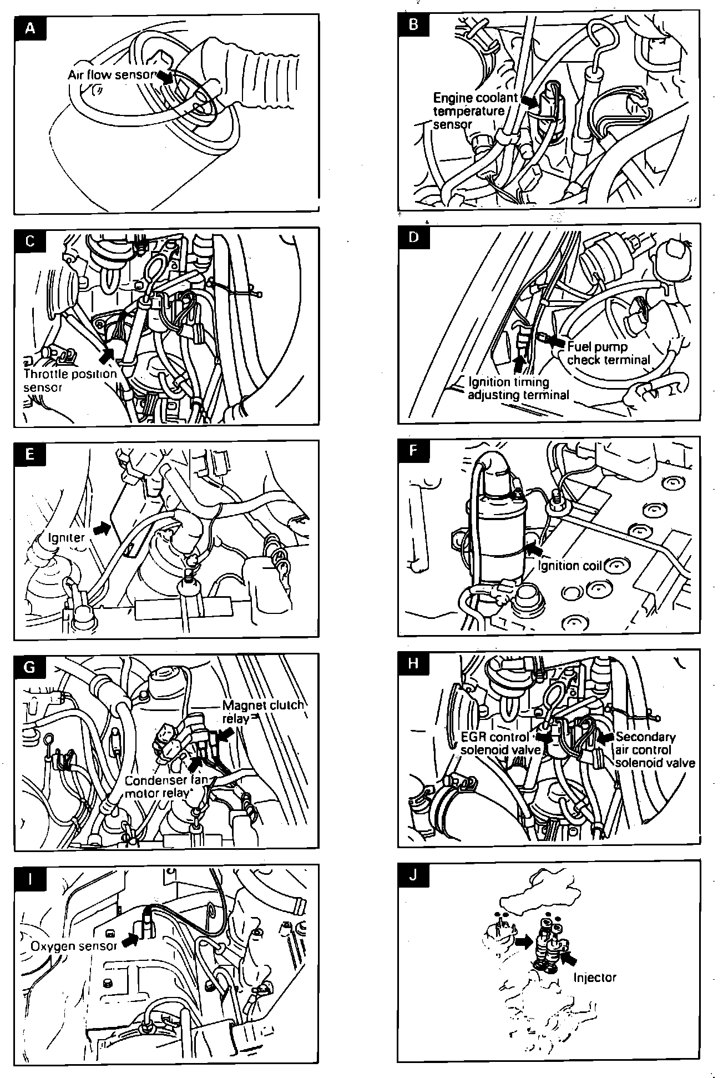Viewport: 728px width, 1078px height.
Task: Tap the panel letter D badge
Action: point(413,237)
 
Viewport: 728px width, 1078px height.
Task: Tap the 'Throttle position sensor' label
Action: point(69,380)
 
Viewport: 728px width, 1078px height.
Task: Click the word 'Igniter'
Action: point(66,537)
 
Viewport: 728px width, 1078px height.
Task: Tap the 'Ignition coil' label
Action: point(567,565)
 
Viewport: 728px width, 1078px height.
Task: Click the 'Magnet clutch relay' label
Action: point(262,712)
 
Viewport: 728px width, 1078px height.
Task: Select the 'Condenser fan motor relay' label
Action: point(165,787)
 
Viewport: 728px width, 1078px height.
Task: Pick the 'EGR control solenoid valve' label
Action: point(501,743)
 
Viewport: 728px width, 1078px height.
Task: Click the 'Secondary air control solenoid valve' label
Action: point(654,749)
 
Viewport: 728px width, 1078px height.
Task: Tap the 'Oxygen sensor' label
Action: point(73,946)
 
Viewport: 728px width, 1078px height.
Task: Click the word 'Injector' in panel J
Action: point(594,977)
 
